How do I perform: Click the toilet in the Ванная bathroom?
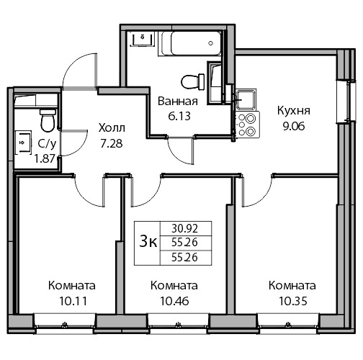coord(192,81)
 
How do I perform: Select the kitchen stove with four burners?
coord(248,125)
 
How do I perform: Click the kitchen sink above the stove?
coord(246,99)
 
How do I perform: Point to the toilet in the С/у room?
coord(48,120)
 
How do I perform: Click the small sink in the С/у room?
coord(23,143)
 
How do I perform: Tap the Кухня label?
coord(294,111)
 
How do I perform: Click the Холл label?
coord(112,128)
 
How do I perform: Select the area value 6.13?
coord(179,116)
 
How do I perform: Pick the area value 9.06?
coord(294,126)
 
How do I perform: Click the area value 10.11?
coord(73,301)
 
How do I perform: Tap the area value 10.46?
coord(174,301)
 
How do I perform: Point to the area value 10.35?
coord(293,301)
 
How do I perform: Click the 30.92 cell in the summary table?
coord(184,228)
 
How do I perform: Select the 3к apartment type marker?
coord(148,242)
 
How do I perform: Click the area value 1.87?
coord(45,158)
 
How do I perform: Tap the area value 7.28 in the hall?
coord(112,143)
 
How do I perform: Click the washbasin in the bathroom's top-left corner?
coord(143,39)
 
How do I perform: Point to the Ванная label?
coord(178,102)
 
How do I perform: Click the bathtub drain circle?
coord(211,43)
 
